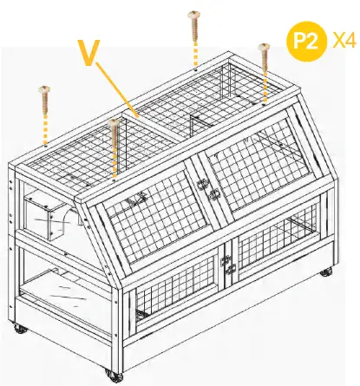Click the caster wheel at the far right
[325, 272]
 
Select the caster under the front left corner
[112, 374]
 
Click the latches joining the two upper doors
[207, 188]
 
